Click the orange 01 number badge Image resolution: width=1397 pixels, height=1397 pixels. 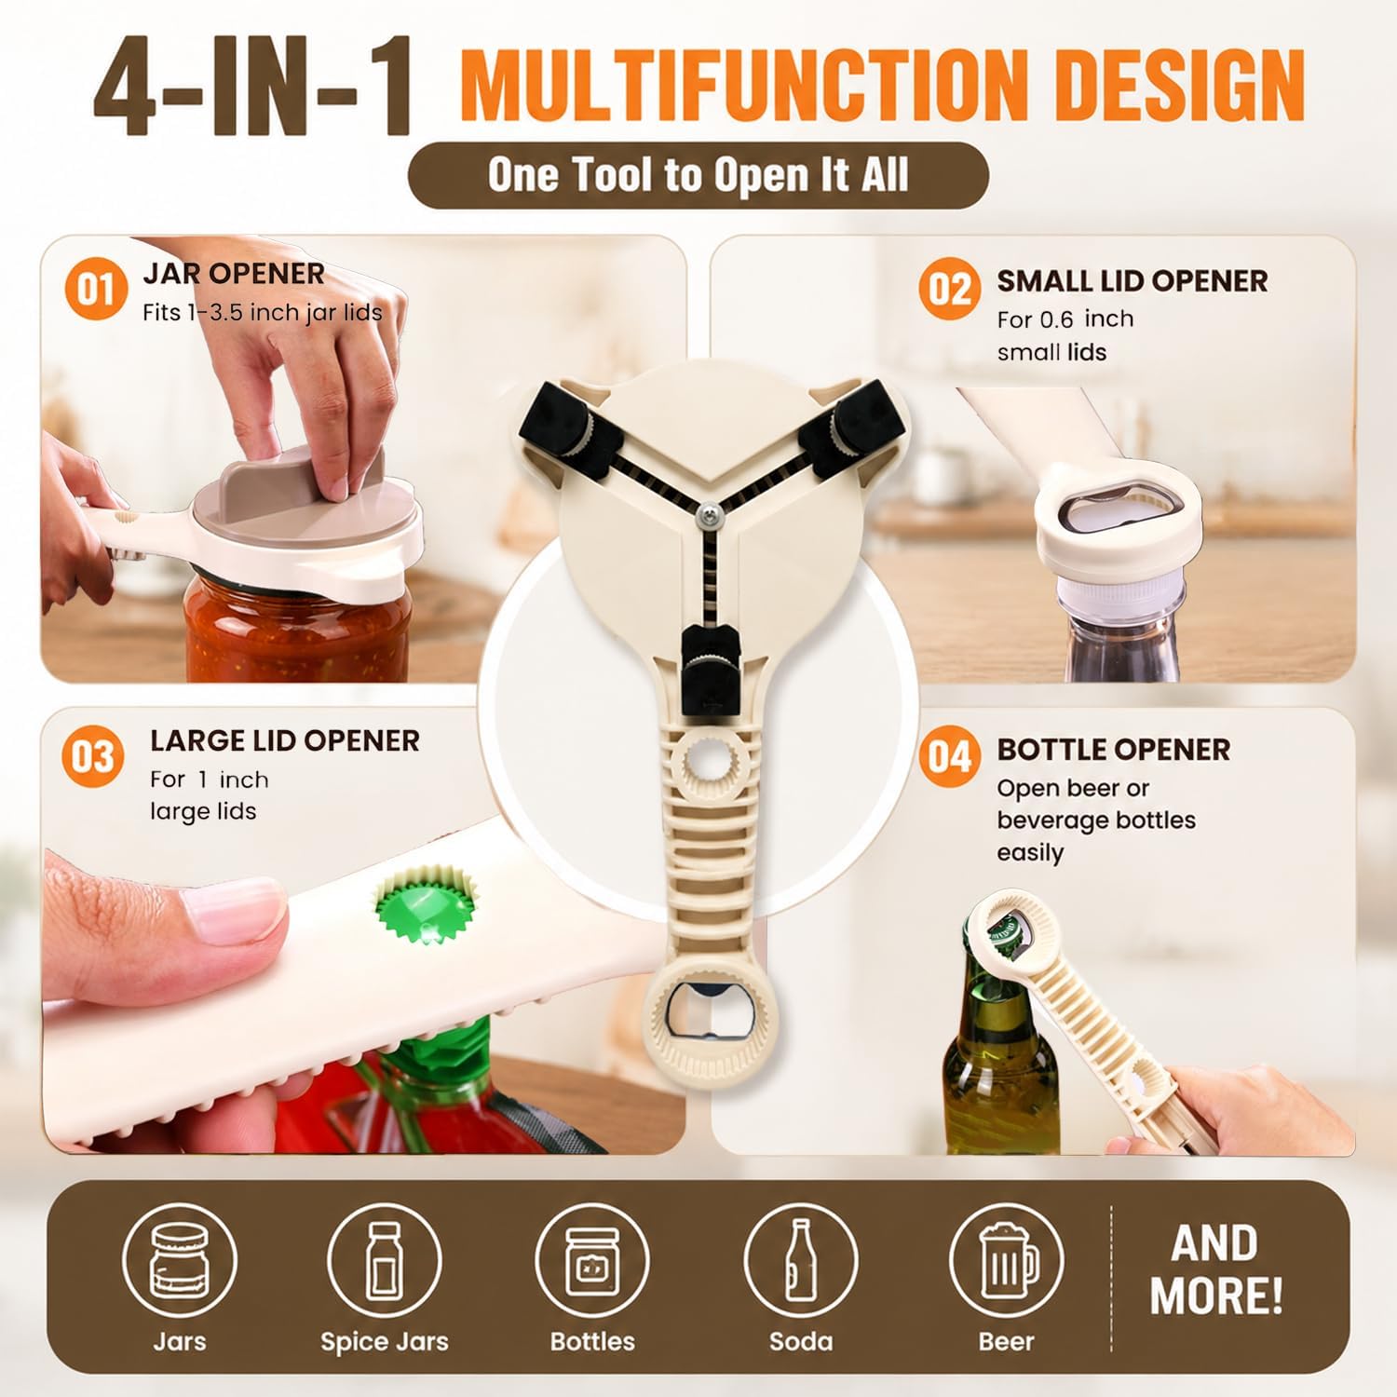[x=95, y=289]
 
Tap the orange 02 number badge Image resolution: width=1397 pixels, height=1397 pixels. [x=949, y=289]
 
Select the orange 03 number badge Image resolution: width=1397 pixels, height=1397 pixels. [x=93, y=756]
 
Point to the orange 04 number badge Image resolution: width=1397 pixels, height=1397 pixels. [x=949, y=756]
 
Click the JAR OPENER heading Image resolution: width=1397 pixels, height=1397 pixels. [x=234, y=274]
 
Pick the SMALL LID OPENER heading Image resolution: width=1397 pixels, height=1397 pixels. [x=1133, y=281]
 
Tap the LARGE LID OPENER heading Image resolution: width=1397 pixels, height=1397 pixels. [x=285, y=740]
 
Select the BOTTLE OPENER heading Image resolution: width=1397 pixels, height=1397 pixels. [x=1114, y=750]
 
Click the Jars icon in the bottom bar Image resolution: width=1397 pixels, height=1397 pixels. [x=180, y=1260]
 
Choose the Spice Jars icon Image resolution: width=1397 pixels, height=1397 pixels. [x=384, y=1260]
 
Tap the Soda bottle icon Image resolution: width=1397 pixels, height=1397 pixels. [x=801, y=1260]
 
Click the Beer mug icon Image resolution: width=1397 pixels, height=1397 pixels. [x=1006, y=1260]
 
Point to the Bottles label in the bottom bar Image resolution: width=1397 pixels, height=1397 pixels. [x=592, y=1341]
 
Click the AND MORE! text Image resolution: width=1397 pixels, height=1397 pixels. [x=1216, y=1269]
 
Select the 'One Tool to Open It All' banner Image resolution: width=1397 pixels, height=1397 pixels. [x=698, y=175]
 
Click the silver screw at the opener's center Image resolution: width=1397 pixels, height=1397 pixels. [x=709, y=511]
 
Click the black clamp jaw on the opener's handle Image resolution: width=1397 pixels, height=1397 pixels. [x=710, y=670]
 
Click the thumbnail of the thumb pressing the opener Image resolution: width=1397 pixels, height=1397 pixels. [x=363, y=931]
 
